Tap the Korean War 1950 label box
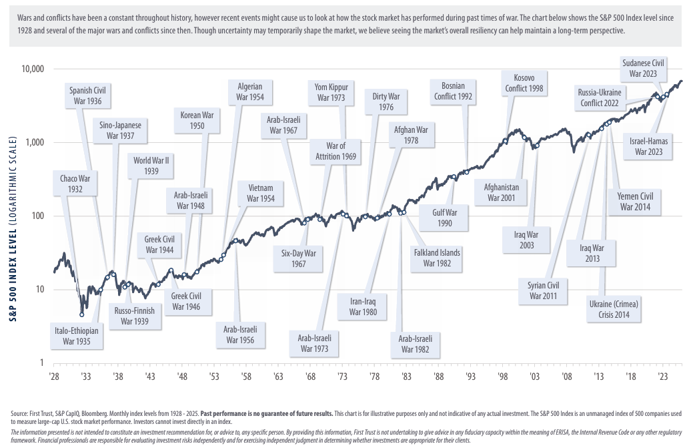196,120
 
